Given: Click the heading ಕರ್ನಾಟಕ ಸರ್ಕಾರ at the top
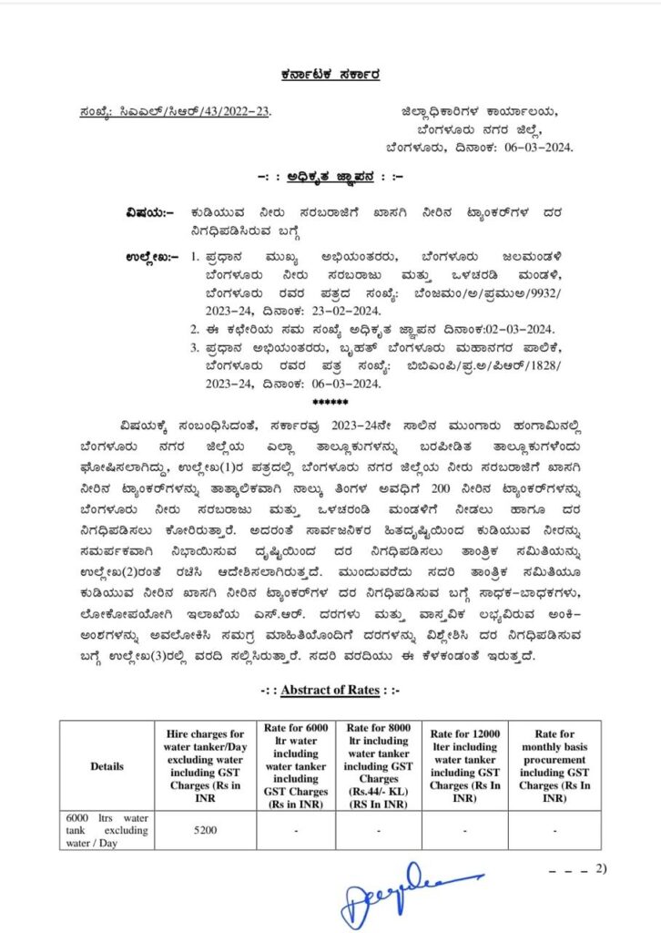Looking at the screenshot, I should pyautogui.click(x=330, y=75).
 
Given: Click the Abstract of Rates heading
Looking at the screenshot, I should pyautogui.click(x=330, y=690).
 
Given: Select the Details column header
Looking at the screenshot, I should pyautogui.click(x=107, y=766).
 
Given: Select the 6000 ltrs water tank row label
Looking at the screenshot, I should pyautogui.click(x=107, y=830).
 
